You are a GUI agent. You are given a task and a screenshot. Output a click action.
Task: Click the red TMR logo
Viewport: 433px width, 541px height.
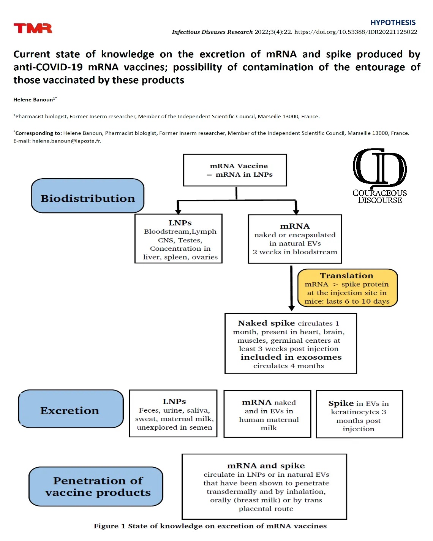[33, 28]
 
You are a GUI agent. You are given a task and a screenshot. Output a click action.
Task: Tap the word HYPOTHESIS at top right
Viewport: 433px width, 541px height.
[393, 22]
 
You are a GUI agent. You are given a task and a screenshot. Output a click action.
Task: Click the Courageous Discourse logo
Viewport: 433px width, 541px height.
[379, 176]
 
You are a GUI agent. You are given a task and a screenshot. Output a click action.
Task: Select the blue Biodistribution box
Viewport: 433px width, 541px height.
[88, 196]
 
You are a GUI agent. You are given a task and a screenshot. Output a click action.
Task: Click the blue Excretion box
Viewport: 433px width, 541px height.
[71, 409]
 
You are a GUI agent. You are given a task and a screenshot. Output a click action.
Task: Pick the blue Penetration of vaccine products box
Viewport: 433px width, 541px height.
[96, 487]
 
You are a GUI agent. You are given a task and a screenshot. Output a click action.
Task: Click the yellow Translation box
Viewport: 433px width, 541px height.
[347, 288]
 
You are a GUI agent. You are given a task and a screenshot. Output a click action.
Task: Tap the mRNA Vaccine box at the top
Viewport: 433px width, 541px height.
[235, 170]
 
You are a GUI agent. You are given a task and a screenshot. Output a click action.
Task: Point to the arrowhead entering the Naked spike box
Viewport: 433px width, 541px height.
[291, 308]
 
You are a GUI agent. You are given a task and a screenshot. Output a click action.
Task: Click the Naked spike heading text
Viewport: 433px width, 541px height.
[266, 323]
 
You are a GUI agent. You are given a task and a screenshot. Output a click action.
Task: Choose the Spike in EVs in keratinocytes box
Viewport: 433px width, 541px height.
[359, 414]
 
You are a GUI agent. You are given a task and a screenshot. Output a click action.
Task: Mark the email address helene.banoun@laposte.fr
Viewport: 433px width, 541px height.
[66, 141]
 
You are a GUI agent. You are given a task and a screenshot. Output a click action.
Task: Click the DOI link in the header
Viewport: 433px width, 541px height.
[356, 32]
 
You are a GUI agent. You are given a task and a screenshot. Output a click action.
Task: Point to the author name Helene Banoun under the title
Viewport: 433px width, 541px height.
[33, 100]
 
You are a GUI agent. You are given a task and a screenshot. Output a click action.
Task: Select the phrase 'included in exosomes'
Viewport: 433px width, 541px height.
[291, 358]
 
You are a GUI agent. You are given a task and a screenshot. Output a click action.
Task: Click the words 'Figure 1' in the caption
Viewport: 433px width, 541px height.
[109, 526]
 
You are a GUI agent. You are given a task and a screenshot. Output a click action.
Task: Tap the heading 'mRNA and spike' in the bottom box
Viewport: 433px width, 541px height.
[266, 466]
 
